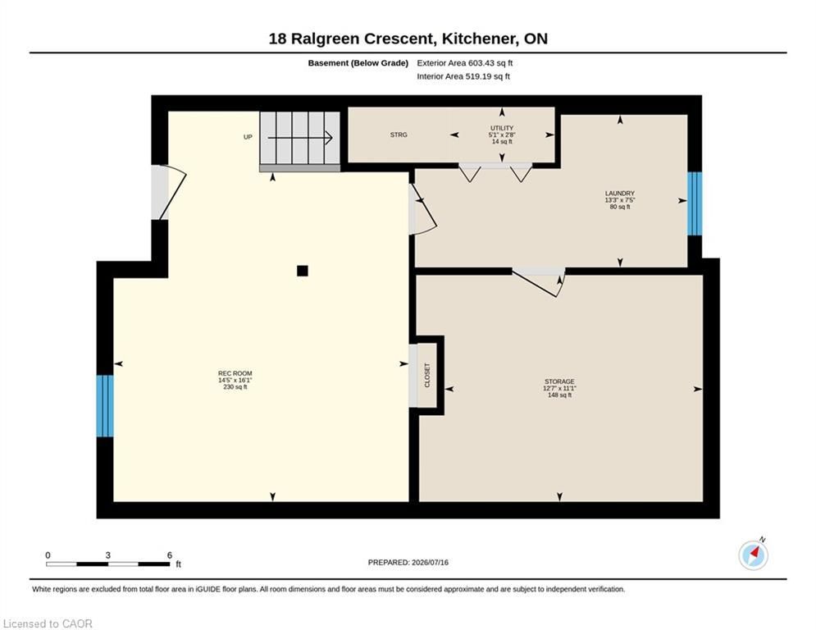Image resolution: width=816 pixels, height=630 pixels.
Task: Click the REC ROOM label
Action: pyautogui.click(x=235, y=373)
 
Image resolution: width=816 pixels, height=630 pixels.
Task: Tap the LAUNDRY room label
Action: pyautogui.click(x=619, y=193)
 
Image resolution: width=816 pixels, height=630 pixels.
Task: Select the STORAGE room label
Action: pyautogui.click(x=559, y=381)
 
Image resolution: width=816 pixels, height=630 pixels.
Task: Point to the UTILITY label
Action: pyautogui.click(x=502, y=128)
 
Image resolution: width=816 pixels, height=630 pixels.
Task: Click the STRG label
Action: pyautogui.click(x=399, y=135)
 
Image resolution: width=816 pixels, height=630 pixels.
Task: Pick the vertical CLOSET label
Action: pyautogui.click(x=427, y=375)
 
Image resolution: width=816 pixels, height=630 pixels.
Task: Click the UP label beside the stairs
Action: pyautogui.click(x=248, y=137)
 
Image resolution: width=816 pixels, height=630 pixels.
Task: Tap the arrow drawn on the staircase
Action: pyautogui.click(x=300, y=138)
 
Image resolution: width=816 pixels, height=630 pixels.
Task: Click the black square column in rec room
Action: pyautogui.click(x=303, y=271)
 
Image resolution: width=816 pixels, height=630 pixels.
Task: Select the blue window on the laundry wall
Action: pyautogui.click(x=695, y=203)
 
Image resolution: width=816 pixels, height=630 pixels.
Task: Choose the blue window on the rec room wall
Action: pyautogui.click(x=105, y=406)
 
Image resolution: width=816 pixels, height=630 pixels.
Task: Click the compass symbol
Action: pyautogui.click(x=754, y=555)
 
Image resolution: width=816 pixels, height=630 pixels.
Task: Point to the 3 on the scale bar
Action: pyautogui.click(x=107, y=555)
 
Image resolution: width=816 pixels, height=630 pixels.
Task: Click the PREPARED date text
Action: pyautogui.click(x=408, y=562)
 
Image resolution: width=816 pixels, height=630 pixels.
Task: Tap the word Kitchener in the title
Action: pyautogui.click(x=478, y=39)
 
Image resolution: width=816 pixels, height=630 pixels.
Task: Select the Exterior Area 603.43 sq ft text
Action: pyautogui.click(x=465, y=63)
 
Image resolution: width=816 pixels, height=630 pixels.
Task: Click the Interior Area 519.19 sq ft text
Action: pyautogui.click(x=463, y=76)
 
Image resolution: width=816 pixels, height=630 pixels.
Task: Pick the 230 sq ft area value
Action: pyautogui.click(x=235, y=387)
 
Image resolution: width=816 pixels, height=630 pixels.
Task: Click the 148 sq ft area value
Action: pyautogui.click(x=559, y=395)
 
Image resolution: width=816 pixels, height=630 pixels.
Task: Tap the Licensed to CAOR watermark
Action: pyautogui.click(x=48, y=623)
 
